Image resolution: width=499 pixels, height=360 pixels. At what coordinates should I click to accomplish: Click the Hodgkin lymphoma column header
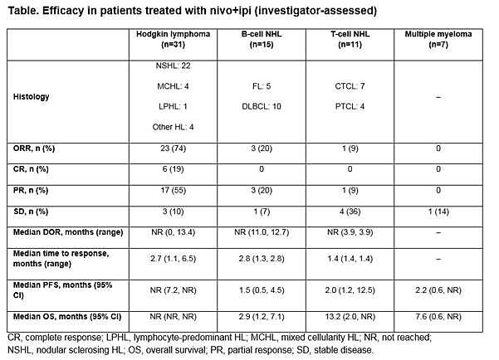coord(174,39)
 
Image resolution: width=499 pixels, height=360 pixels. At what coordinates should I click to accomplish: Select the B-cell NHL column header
coord(262,39)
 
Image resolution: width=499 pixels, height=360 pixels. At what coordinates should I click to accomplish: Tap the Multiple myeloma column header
coord(438,39)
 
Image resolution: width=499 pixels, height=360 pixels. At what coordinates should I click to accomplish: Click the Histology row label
coord(32,97)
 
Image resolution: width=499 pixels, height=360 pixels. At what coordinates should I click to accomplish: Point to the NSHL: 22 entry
coord(174,66)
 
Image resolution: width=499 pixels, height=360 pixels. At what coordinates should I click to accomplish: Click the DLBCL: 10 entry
coord(262,106)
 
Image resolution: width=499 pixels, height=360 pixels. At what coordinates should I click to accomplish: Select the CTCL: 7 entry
coord(350,86)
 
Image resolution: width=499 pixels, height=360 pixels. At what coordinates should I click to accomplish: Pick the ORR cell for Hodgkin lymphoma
coord(174,148)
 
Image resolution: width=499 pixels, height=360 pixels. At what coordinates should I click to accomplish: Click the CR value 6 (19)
coord(174,169)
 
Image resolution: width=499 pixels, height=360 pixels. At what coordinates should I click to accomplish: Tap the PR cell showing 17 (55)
coord(174,191)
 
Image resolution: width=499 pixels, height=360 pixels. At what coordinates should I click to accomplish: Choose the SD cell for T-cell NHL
coord(350,212)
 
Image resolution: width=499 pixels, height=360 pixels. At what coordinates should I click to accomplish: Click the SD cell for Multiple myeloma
coord(438,212)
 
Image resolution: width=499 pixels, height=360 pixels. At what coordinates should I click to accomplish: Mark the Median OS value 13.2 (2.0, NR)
coord(350,317)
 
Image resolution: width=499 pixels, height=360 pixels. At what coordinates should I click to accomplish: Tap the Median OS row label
coord(67,317)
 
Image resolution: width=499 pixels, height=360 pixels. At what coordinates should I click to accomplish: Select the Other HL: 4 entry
coord(174,127)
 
